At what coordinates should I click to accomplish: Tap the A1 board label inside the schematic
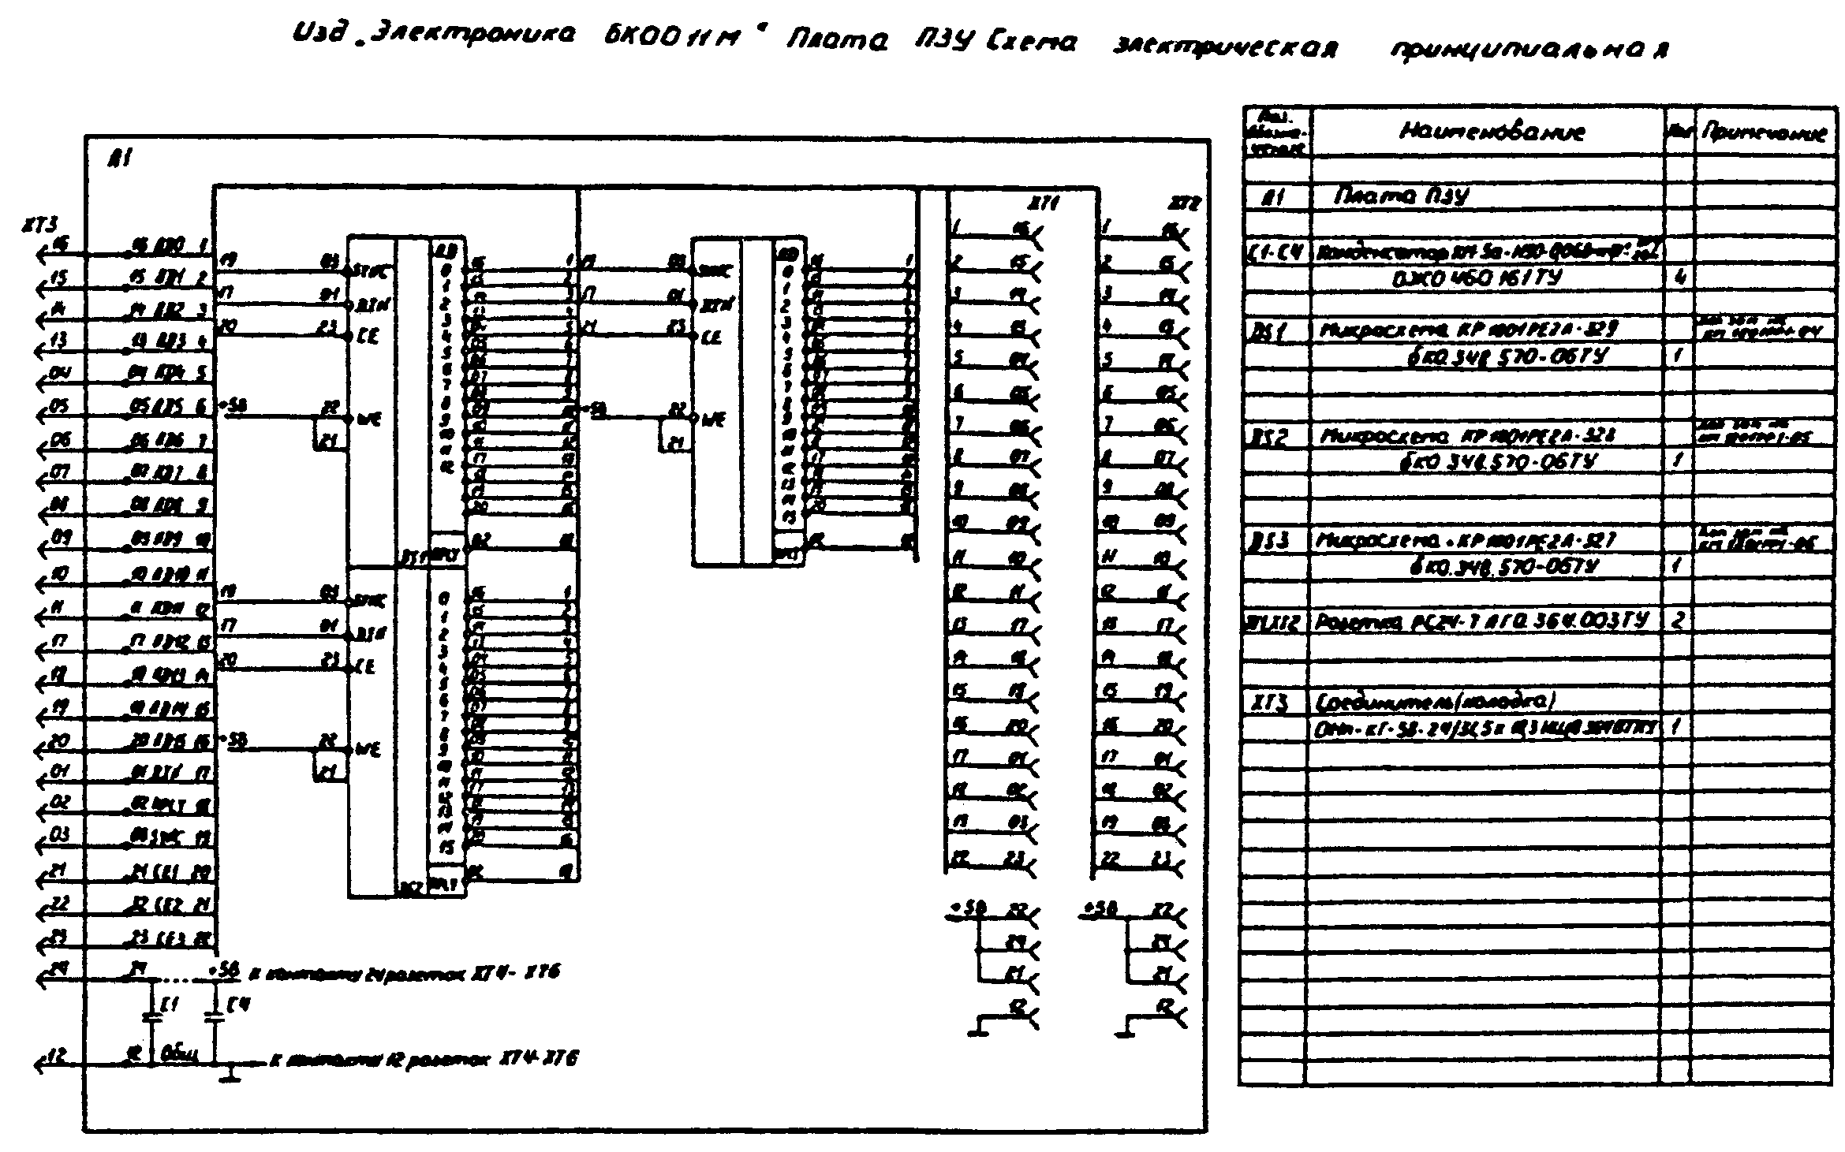coord(121,158)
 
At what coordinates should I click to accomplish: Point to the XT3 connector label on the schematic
coord(40,226)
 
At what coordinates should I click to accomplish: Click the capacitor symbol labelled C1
coord(152,1017)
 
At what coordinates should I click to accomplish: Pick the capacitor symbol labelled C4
coord(213,1017)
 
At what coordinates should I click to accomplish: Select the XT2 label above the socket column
coord(1183,204)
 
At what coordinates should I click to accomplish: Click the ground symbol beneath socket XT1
coord(978,1029)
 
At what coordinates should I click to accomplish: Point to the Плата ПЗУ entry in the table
coord(1400,196)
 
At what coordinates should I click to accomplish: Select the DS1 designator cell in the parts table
coord(1267,331)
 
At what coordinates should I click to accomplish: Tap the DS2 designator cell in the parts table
coord(1268,438)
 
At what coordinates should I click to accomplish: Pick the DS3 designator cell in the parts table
coord(1268,542)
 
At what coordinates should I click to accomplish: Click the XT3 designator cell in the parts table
coord(1268,702)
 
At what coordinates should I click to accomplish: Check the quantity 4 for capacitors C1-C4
coord(1679,278)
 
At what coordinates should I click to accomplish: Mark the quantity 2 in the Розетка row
coord(1677,620)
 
